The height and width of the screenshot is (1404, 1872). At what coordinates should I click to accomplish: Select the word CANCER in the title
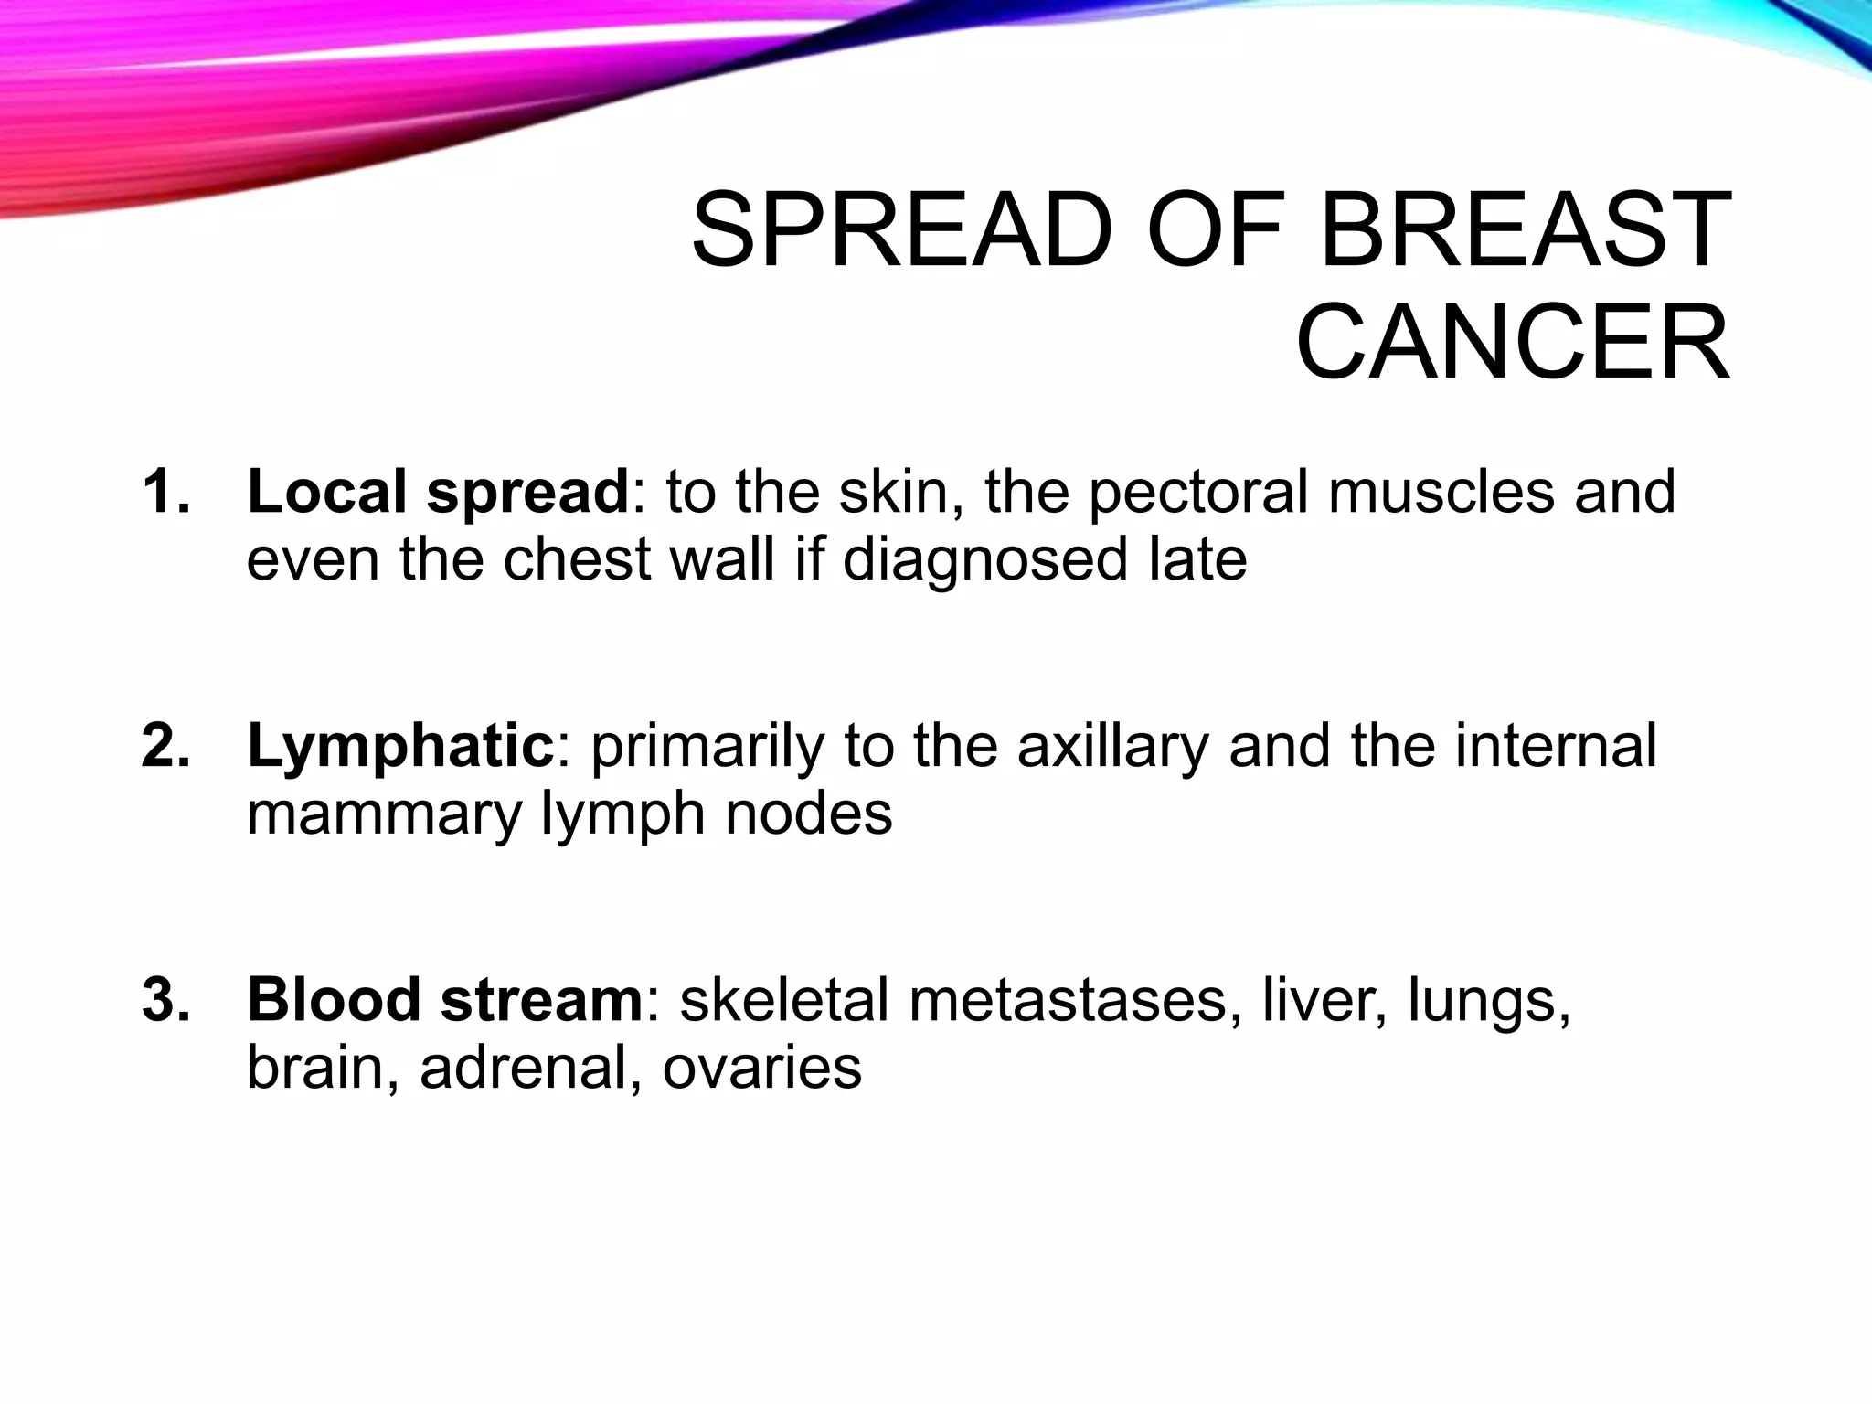1513,344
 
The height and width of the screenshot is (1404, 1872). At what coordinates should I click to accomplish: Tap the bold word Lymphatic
399,746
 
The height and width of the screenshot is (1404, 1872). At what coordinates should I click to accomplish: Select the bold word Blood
333,999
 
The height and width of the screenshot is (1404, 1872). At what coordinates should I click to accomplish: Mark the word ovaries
761,1067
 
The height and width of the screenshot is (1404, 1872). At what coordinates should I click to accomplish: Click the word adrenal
530,1067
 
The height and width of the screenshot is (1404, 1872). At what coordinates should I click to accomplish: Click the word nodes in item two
808,814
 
